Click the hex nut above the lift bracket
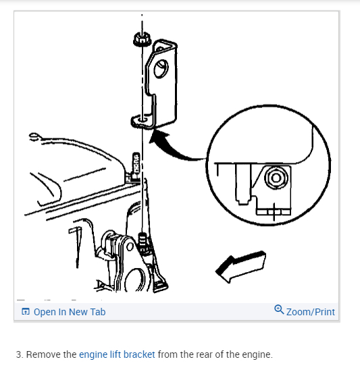142,39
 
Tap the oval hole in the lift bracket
161,68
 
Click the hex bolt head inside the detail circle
276,178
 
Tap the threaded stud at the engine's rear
143,242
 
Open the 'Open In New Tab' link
70,312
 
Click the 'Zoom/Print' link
311,312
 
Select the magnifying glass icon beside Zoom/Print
279,310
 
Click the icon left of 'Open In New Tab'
26,311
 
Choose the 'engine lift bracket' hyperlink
117,354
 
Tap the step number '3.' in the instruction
20,354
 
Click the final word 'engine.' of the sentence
257,355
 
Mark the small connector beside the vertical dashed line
136,163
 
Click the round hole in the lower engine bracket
130,246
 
